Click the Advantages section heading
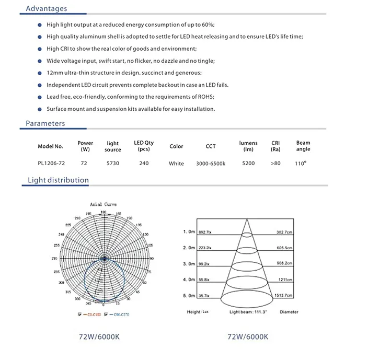tap(47, 9)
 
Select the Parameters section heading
tap(45, 124)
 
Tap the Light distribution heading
tap(58, 180)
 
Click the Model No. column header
tap(50, 147)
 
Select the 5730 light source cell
tap(113, 164)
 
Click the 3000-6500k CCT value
tap(211, 164)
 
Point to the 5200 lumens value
tap(248, 164)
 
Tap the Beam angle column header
tap(303, 146)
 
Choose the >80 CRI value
tap(275, 164)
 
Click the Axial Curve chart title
tap(103, 204)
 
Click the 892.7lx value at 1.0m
tap(205, 231)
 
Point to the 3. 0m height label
tap(189, 264)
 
